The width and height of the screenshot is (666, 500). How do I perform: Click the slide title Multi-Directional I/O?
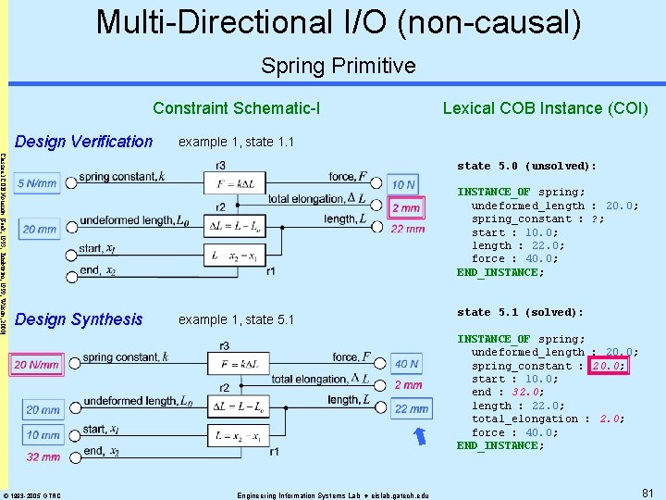(339, 22)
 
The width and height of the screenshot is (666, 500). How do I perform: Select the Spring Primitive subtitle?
(339, 66)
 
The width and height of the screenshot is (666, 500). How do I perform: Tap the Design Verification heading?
(84, 142)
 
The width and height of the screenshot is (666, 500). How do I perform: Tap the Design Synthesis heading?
(80, 319)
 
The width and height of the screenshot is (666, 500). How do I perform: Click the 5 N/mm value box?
(38, 183)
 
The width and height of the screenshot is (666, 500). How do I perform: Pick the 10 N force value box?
(402, 184)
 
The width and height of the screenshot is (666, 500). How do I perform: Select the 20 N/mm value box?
(37, 365)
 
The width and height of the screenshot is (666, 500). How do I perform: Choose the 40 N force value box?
(406, 365)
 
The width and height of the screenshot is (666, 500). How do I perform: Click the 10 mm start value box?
(43, 435)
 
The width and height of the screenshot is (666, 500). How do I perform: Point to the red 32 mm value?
(43, 456)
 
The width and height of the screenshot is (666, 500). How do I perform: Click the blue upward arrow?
(421, 433)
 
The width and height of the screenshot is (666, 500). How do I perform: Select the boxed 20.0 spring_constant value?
(608, 366)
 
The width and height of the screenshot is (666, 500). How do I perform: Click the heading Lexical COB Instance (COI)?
(545, 108)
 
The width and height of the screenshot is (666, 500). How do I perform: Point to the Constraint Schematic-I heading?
(237, 108)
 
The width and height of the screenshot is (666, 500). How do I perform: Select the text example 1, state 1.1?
(236, 142)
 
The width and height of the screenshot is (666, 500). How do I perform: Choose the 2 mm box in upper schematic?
(405, 208)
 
